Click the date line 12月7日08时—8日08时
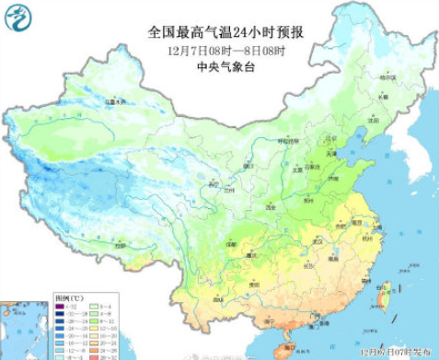(219, 50)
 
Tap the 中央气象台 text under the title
(219, 66)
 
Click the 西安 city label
(269, 207)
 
